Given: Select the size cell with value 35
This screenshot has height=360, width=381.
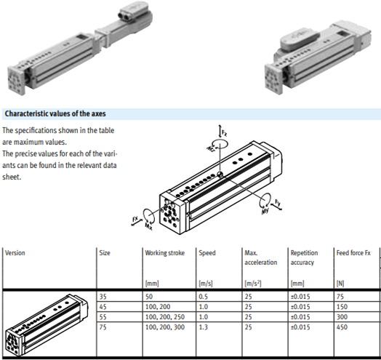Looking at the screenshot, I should (x=103, y=297).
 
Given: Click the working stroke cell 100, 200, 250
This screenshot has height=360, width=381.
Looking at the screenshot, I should (x=166, y=318).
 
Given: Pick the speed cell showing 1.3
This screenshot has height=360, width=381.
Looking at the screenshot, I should (x=204, y=328).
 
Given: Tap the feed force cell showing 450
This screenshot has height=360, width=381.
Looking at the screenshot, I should (x=342, y=328).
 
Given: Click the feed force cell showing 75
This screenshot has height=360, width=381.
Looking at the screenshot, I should (x=340, y=297).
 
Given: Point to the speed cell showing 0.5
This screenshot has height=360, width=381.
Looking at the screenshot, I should (x=204, y=297).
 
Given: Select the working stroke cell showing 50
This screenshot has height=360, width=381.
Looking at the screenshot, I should (x=149, y=297).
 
